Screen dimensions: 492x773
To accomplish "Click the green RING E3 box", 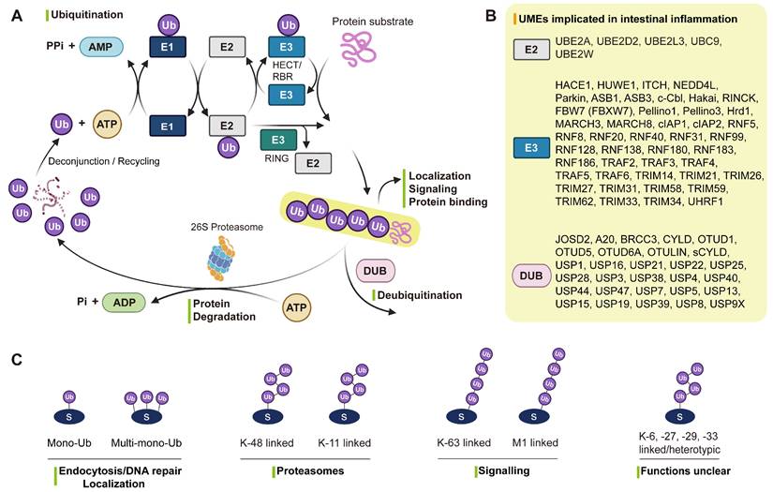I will pos(278,142).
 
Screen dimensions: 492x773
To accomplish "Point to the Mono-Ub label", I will pos(67,442).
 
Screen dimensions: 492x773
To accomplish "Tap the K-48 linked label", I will pos(261,442).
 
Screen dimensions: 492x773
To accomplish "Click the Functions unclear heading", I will pos(687,469).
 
